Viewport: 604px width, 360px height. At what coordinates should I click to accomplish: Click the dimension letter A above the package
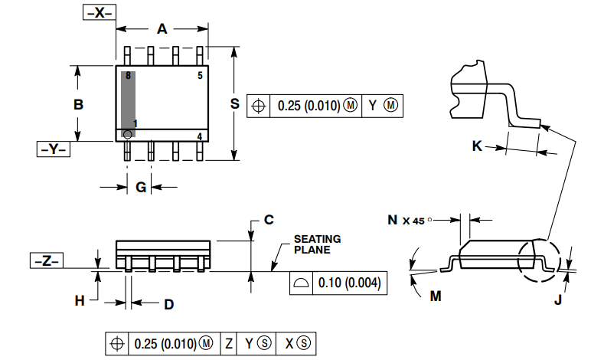coord(162,29)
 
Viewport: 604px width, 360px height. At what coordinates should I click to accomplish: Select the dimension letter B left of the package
coord(78,104)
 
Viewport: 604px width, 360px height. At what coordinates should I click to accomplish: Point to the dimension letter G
coord(141,188)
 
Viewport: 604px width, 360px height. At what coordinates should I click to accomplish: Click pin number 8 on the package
coord(129,76)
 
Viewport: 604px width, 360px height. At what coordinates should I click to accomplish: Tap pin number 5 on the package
coord(200,75)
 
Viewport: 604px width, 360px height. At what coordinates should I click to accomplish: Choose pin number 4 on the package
coord(200,136)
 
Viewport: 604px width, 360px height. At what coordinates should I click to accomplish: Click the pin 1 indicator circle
coord(127,135)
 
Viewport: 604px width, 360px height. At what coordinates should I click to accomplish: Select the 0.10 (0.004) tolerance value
coord(348,283)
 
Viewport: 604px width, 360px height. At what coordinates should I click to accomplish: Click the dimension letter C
coord(269,220)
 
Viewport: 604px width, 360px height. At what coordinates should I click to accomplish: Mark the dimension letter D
coord(168,304)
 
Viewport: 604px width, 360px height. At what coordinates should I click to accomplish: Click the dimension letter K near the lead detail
coord(477,146)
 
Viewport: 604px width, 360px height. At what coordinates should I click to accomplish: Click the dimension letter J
coord(558,300)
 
